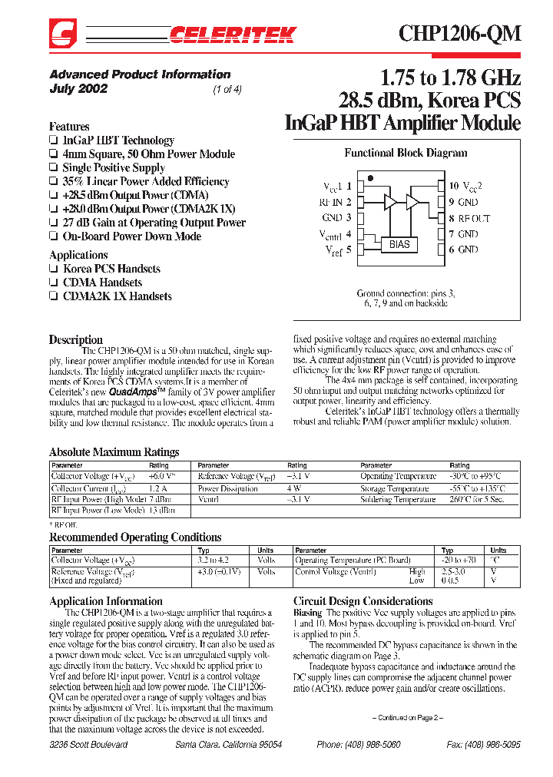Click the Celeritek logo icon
click(x=62, y=33)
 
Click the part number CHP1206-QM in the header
click(x=459, y=33)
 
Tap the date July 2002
click(x=78, y=88)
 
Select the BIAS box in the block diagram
click(x=399, y=244)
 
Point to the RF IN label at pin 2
click(x=335, y=202)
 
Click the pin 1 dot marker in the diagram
click(x=370, y=178)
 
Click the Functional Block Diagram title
click(x=406, y=153)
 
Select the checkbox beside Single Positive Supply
click(x=53, y=168)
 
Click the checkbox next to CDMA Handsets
click(x=53, y=283)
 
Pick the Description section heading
click(x=75, y=339)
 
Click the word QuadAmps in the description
click(x=135, y=391)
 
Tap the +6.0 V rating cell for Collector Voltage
click(x=162, y=476)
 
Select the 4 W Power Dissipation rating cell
click(x=294, y=488)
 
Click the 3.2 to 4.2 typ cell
click(x=214, y=560)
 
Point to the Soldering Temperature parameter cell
click(x=398, y=500)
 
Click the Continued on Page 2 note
click(x=408, y=717)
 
